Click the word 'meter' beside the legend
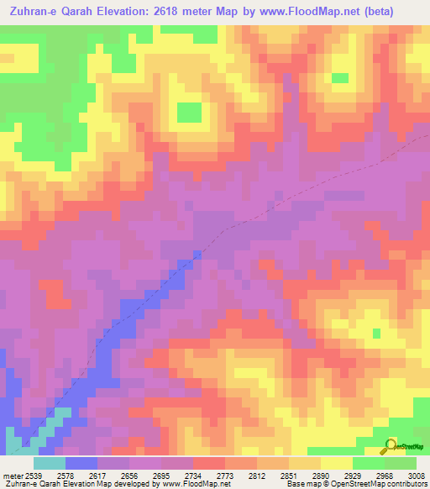13,475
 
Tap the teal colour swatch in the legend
49,463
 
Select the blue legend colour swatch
81,463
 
